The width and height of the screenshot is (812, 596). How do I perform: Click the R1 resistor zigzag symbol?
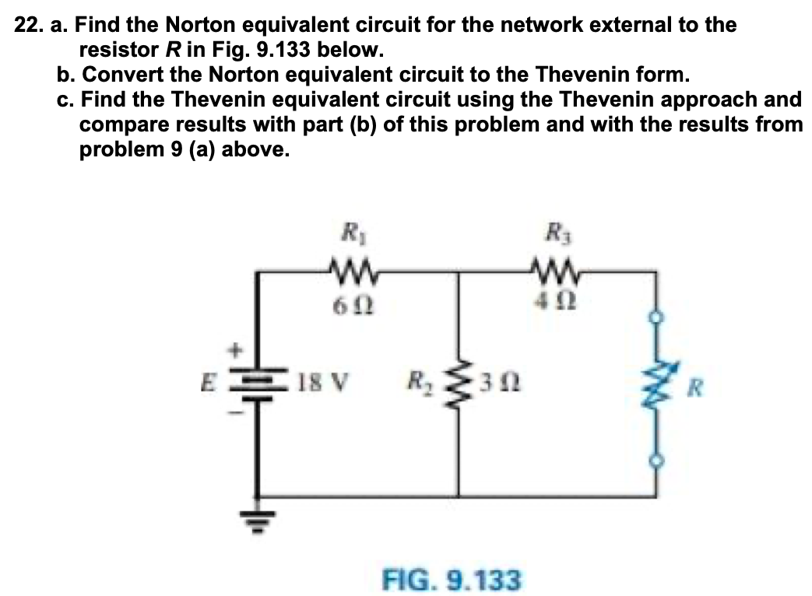tap(344, 273)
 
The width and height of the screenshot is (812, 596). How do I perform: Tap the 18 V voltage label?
tap(320, 384)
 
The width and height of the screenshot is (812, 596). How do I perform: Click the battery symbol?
tap(258, 386)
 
